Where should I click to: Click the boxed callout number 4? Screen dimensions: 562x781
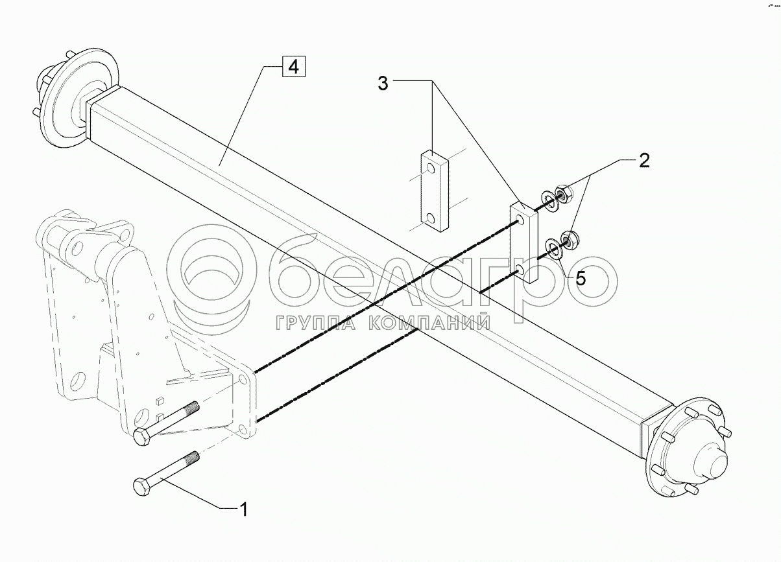point(293,67)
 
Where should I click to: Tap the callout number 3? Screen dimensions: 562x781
point(383,84)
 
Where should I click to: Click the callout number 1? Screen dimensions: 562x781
point(244,510)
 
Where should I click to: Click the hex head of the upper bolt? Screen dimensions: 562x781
point(141,438)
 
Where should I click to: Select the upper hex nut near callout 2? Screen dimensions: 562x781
point(563,193)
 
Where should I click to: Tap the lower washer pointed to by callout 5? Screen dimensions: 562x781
point(555,248)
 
